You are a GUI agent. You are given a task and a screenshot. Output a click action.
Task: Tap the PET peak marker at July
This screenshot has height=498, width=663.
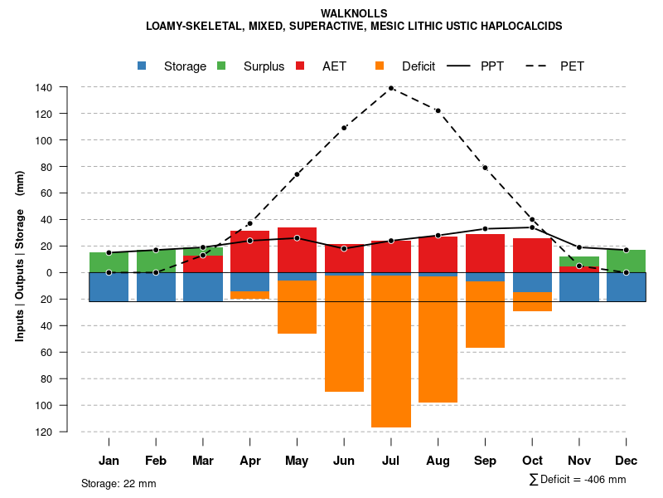(391, 87)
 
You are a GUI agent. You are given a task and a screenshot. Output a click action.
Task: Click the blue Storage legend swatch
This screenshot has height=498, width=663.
(143, 66)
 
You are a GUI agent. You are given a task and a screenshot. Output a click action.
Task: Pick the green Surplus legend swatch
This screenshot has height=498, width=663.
(221, 66)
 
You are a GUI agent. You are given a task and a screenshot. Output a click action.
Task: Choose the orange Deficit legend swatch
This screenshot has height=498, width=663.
(380, 66)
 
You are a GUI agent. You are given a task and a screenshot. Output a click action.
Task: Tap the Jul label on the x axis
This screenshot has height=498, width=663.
(391, 461)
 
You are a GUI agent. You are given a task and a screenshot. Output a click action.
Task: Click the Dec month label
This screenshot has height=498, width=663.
(626, 461)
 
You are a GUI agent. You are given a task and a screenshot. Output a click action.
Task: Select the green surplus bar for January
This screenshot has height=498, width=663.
(109, 262)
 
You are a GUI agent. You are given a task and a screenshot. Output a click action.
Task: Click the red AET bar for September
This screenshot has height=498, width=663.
(485, 253)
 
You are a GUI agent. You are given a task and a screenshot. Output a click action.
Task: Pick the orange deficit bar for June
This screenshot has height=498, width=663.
(344, 333)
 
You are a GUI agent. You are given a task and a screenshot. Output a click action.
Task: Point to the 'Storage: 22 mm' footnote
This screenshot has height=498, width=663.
(119, 483)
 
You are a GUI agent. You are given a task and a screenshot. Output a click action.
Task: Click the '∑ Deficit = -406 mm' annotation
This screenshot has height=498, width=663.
(577, 479)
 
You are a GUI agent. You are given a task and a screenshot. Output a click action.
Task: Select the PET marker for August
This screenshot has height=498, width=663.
(438, 110)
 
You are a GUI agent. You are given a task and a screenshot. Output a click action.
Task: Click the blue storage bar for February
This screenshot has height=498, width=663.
(156, 287)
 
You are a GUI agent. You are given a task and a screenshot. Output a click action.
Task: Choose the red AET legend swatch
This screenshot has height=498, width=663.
(300, 66)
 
